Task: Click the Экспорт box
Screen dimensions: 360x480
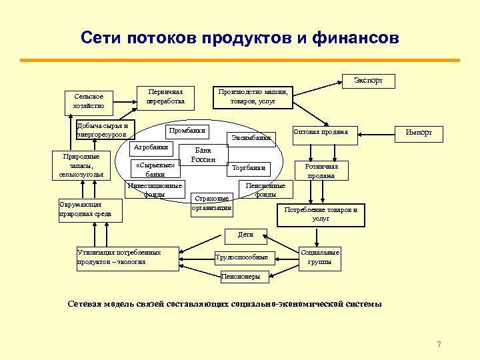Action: pos(369,81)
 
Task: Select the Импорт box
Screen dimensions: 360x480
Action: pos(419,133)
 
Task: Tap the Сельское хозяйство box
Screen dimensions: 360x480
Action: pos(89,101)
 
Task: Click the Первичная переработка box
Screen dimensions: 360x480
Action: pos(165,97)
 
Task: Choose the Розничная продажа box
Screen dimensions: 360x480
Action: pos(321,171)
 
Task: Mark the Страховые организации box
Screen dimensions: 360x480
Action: pos(212,203)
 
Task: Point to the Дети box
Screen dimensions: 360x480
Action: pos(245,235)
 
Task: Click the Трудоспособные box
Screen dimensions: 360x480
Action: pos(241,257)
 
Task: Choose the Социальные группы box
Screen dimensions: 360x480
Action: pos(320,257)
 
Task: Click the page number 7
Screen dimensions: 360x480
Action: pos(439,345)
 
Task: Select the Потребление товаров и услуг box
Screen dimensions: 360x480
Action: pos(321,213)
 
